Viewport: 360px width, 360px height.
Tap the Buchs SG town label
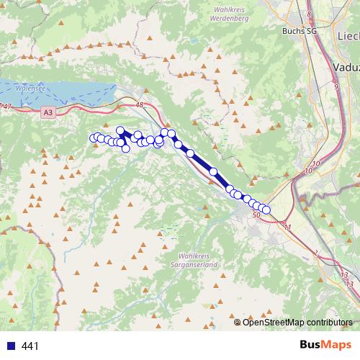pos(299,31)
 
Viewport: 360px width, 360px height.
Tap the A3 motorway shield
pos(48,112)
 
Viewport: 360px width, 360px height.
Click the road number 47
pos(7,107)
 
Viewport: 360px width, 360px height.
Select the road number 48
pos(139,105)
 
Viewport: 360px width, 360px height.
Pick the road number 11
pos(287,227)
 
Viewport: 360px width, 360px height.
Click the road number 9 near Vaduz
pos(336,86)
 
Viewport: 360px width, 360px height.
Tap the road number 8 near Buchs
pos(309,14)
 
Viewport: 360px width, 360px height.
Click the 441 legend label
pos(30,346)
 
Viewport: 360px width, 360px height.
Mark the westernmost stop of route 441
pos(93,138)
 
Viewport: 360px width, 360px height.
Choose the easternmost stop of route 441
pos(266,210)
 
